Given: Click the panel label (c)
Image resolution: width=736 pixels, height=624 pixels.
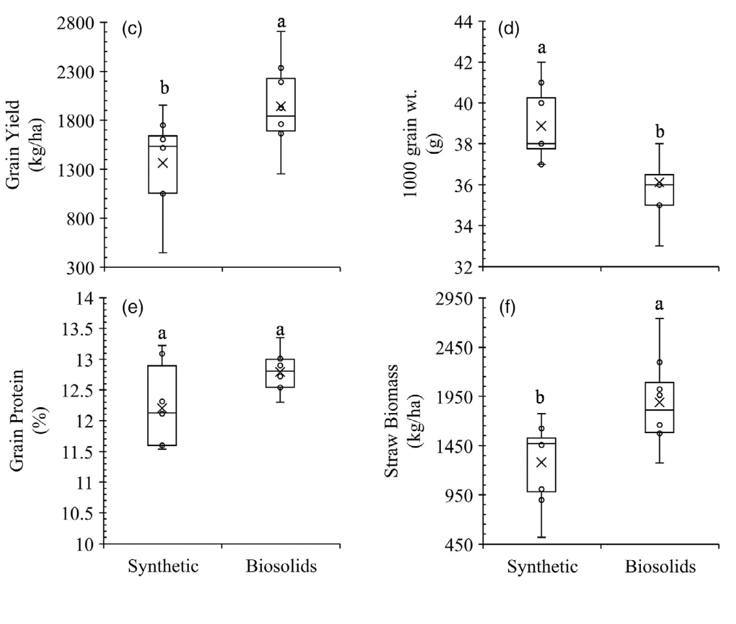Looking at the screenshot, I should pyautogui.click(x=132, y=31).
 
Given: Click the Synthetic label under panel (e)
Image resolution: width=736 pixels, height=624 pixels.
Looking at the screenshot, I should pyautogui.click(x=163, y=566).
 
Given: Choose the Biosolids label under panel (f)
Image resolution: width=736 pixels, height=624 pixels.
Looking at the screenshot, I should pyautogui.click(x=660, y=566).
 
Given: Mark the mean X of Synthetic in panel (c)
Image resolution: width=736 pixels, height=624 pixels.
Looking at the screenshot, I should pyautogui.click(x=163, y=162).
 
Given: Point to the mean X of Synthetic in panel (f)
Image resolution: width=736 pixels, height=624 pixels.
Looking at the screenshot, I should pyautogui.click(x=541, y=462).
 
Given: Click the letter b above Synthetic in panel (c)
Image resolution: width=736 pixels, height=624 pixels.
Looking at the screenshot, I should pyautogui.click(x=164, y=88).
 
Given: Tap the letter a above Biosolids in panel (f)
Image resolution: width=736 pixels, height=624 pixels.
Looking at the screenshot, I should pyautogui.click(x=659, y=304).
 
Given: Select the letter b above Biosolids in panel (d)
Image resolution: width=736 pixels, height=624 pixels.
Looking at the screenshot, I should pyautogui.click(x=659, y=132).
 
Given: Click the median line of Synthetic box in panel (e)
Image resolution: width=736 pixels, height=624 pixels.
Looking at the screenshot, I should pyautogui.click(x=163, y=413).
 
